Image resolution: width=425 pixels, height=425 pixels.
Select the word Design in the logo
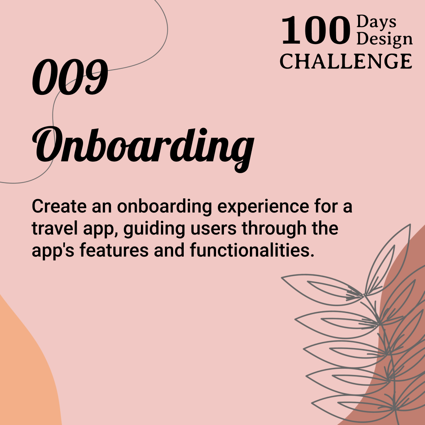pos(385,39)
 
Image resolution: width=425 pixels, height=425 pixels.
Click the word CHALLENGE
pos(346,61)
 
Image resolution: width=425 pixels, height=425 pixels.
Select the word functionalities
pos(252,250)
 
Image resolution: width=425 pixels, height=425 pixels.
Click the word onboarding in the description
pos(168,207)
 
